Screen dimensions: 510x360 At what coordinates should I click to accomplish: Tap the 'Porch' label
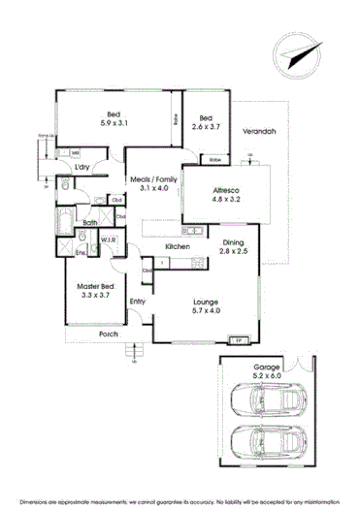point(108,335)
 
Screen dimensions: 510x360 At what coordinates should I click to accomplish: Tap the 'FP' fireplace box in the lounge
point(235,340)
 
